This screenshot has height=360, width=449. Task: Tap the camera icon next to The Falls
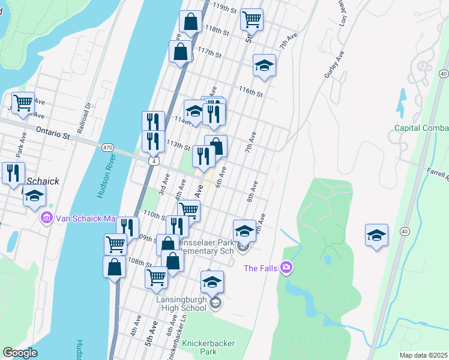[287, 268]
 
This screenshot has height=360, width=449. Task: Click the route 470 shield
[107, 147]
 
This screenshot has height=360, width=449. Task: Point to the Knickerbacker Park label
[208, 347]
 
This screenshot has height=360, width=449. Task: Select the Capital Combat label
[421, 128]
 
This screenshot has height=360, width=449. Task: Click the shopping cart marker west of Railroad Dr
[23, 103]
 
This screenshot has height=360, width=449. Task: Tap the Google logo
[20, 353]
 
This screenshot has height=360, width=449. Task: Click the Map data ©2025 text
[423, 355]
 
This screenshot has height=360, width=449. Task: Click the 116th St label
[251, 92]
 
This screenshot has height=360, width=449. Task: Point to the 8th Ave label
[252, 191]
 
